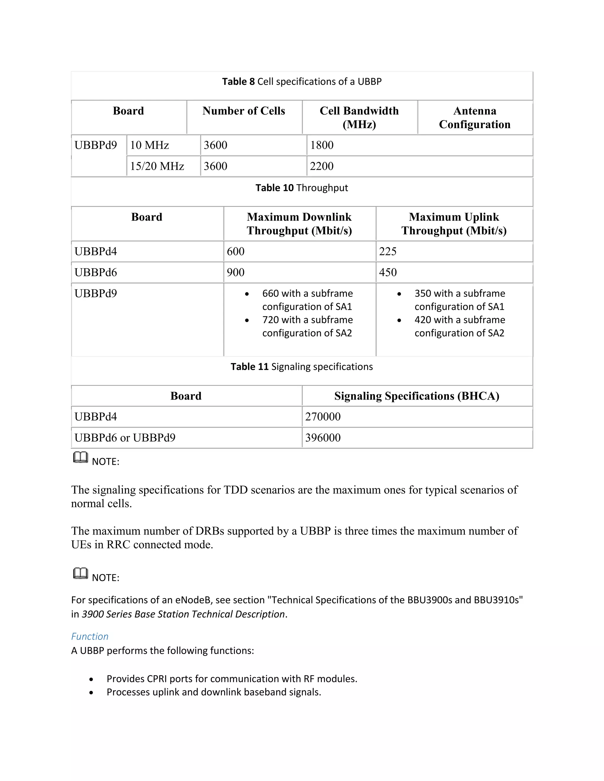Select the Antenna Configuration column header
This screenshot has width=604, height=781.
point(475,117)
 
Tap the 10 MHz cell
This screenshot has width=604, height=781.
point(150,145)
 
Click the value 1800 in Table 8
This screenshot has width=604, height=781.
point(322,145)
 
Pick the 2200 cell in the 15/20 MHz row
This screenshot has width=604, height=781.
point(322,166)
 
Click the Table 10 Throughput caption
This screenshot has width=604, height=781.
point(302,188)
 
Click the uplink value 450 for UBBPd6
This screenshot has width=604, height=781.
point(388,273)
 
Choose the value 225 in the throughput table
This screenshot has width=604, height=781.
point(388,251)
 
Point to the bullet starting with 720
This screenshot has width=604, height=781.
point(307,326)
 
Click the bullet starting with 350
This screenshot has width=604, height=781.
point(459,300)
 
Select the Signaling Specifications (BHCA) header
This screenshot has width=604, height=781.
point(416,396)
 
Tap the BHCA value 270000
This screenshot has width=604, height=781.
point(323,417)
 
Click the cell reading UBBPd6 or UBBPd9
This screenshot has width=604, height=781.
point(125,438)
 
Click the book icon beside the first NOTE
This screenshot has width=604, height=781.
point(81,457)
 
